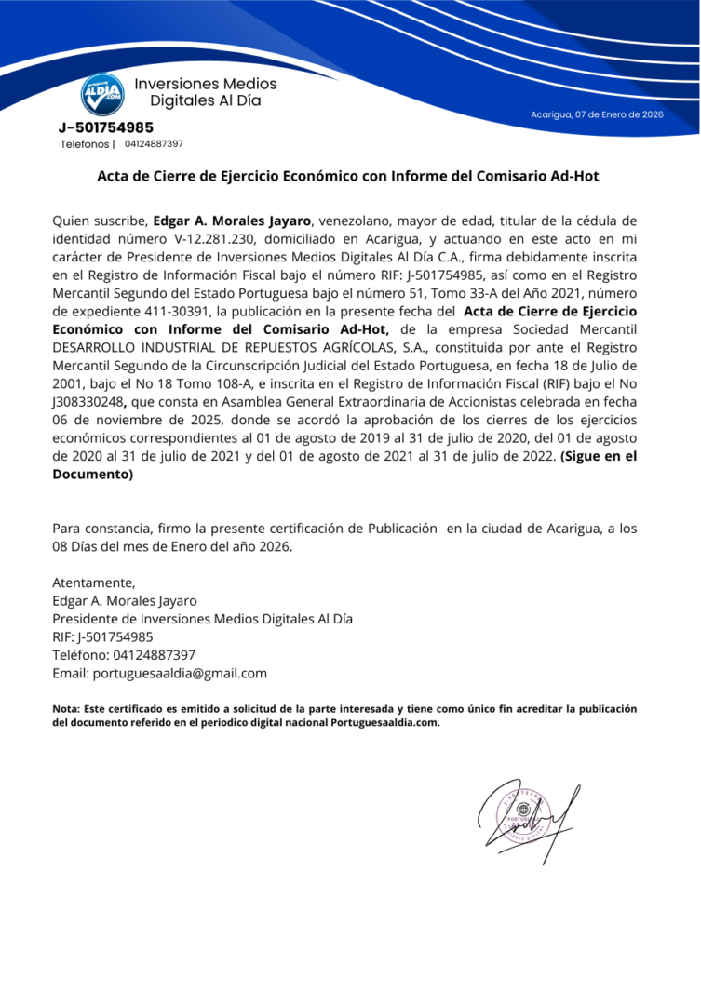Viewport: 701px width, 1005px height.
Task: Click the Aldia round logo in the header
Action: click(101, 93)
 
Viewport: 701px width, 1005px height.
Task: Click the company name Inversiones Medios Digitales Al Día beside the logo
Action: click(206, 92)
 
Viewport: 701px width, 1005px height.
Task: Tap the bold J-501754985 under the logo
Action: click(106, 127)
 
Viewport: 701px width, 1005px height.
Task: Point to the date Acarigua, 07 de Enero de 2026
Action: click(597, 114)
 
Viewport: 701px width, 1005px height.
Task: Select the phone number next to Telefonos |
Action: click(154, 144)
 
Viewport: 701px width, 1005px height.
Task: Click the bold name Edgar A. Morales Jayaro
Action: click(232, 221)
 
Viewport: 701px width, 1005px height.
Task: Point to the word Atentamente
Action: click(94, 583)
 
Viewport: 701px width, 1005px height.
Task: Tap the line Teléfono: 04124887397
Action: click(124, 655)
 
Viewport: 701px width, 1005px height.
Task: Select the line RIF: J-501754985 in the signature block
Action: click(103, 636)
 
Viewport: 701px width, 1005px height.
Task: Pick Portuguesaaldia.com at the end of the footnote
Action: click(385, 722)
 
